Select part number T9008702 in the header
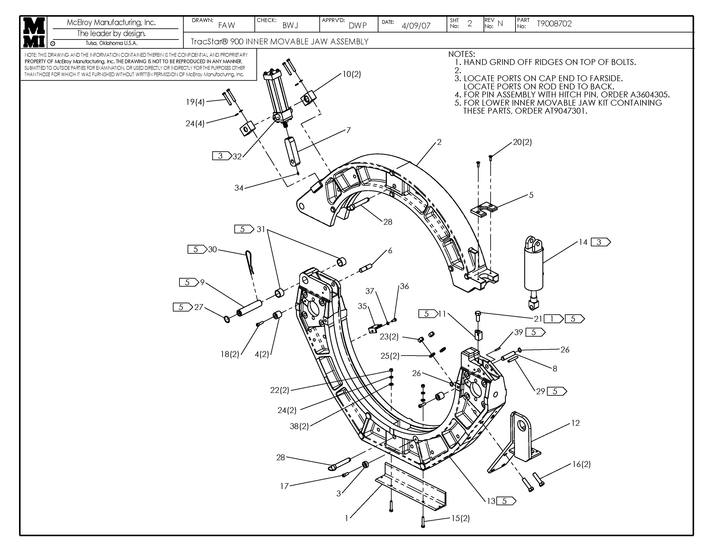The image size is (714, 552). [x=554, y=24]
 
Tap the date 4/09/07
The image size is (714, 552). [x=416, y=26]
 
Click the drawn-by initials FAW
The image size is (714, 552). [x=227, y=25]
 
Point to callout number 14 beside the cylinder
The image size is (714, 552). [x=583, y=242]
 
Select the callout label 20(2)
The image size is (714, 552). [x=522, y=142]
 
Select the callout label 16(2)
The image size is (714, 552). [x=581, y=464]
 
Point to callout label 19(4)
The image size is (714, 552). [x=195, y=102]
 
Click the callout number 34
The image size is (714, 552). [x=239, y=188]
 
